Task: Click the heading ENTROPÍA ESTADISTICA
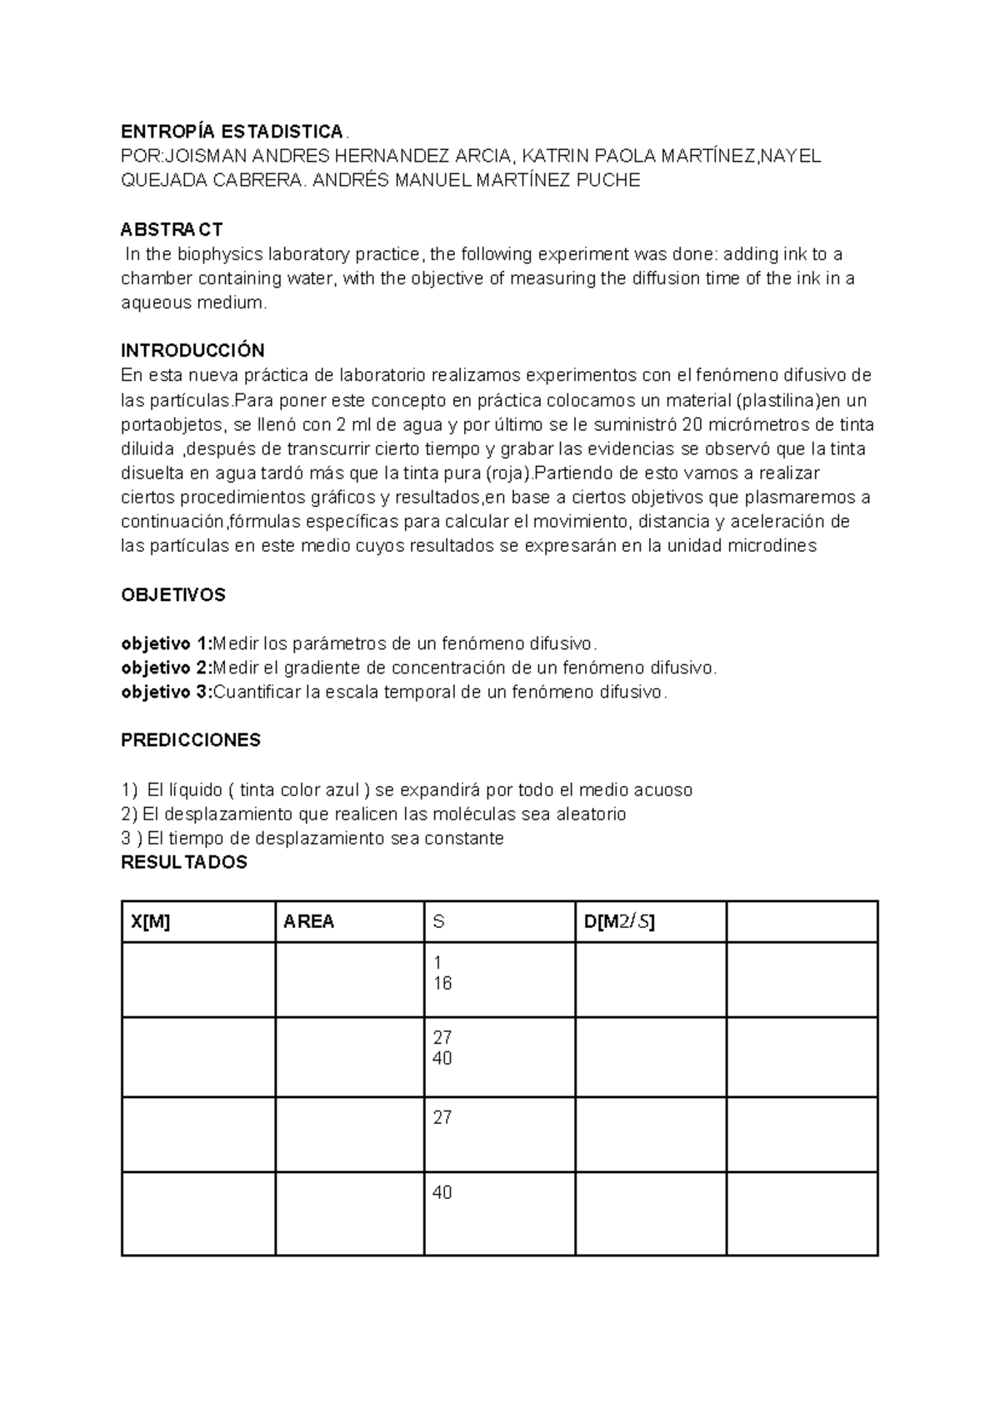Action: click(232, 132)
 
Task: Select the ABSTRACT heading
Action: click(172, 229)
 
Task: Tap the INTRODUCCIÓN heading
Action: click(192, 350)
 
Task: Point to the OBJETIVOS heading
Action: click(173, 595)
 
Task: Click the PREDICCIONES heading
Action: click(191, 740)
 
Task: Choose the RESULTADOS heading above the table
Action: click(184, 862)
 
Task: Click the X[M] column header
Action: click(151, 921)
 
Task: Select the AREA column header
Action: click(308, 921)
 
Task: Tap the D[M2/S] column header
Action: click(619, 921)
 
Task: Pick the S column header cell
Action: click(438, 921)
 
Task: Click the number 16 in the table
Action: click(442, 984)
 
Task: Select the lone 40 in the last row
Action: click(442, 1193)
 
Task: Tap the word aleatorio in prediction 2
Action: click(591, 814)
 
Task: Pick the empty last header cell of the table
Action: click(802, 921)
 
